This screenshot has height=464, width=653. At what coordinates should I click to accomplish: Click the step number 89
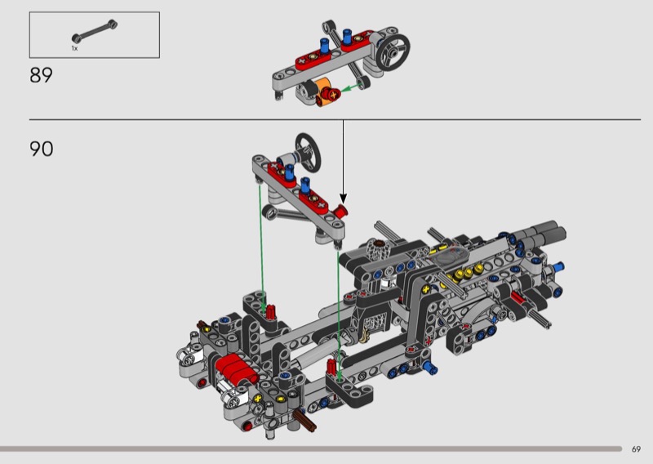pyautogui.click(x=41, y=75)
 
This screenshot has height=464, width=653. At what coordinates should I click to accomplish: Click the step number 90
pyautogui.click(x=42, y=149)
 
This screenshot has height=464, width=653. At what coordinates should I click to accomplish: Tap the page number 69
pyautogui.click(x=636, y=449)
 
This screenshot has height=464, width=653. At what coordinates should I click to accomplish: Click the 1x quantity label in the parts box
pyautogui.click(x=74, y=48)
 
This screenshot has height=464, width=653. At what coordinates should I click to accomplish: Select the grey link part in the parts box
pyautogui.click(x=95, y=31)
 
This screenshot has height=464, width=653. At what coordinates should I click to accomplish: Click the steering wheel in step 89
pyautogui.click(x=393, y=51)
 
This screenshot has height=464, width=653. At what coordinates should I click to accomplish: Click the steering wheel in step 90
pyautogui.click(x=309, y=152)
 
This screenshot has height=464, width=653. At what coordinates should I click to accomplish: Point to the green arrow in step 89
pyautogui.click(x=351, y=87)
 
